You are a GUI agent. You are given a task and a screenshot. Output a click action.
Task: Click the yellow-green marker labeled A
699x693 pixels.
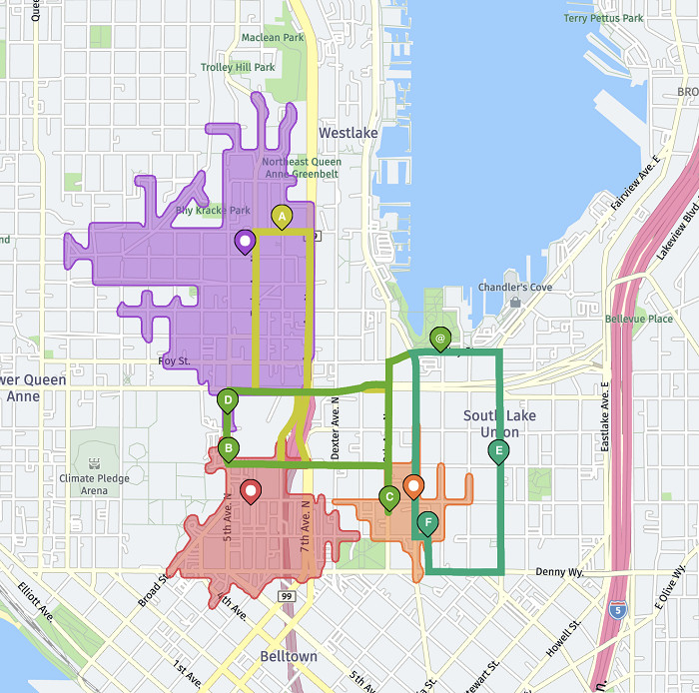pos(282,216)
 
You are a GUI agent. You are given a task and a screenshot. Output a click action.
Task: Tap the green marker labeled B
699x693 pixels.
pos(229,449)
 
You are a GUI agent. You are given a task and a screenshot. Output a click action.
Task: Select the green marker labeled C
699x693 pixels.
pos(389,496)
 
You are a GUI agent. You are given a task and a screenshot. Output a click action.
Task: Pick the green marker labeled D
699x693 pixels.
pos(228,401)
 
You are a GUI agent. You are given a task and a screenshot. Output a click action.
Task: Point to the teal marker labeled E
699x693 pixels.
pos(498,451)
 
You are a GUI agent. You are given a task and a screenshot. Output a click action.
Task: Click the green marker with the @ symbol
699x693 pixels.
pos(439,340)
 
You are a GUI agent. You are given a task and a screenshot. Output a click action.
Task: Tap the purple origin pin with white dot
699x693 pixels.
pos(245,241)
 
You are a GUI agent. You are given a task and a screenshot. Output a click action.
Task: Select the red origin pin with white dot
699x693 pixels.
pos(252,490)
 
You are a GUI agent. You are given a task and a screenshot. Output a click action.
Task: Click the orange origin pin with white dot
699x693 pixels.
pos(413,487)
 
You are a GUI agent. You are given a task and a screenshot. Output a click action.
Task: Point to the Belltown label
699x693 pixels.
pos(288,656)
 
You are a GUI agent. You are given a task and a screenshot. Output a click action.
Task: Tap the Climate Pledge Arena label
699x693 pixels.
pos(94,484)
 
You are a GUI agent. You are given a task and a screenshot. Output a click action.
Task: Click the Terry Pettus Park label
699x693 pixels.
pos(603,18)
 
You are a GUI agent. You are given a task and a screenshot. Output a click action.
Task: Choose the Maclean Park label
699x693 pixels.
pos(272,38)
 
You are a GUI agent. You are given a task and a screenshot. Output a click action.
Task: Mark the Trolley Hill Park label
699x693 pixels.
pos(238,68)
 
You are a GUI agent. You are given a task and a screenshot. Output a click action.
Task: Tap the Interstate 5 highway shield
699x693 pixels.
pos(620,607)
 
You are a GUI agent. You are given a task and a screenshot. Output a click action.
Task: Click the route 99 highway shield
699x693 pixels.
pos(288,596)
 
